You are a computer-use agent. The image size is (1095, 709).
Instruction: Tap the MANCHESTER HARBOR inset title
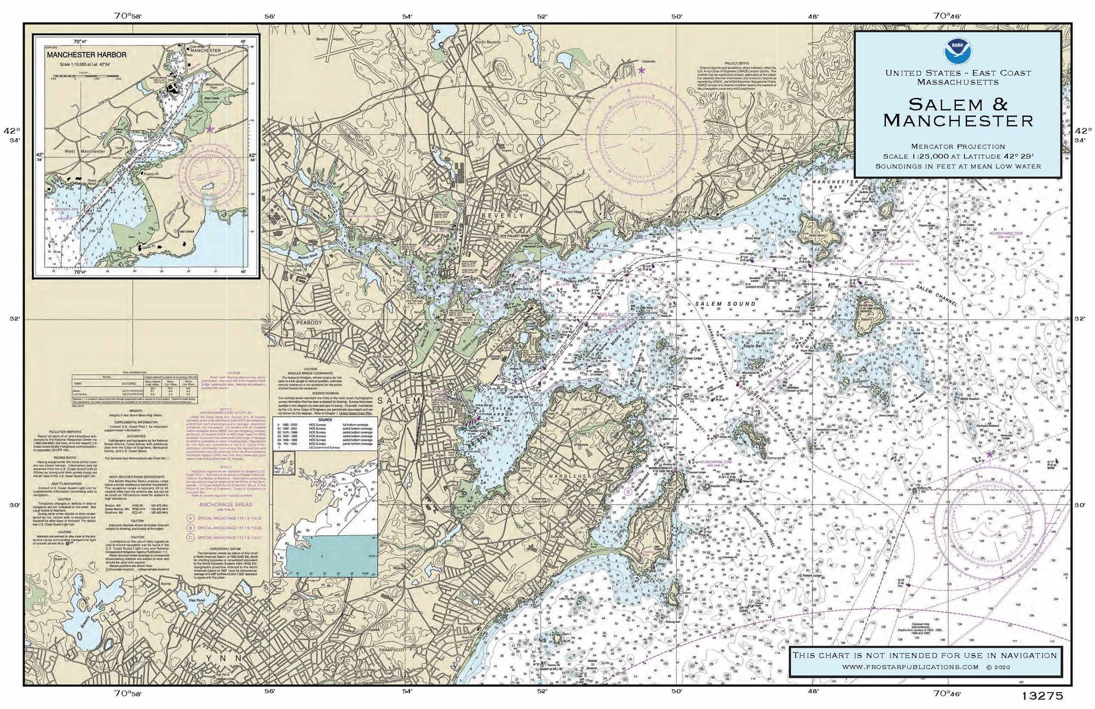pyautogui.click(x=87, y=55)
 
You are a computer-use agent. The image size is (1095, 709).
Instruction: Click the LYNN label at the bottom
pyautogui.click(x=217, y=657)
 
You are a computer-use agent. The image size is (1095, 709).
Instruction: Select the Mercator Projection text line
pyautogui.click(x=958, y=146)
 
